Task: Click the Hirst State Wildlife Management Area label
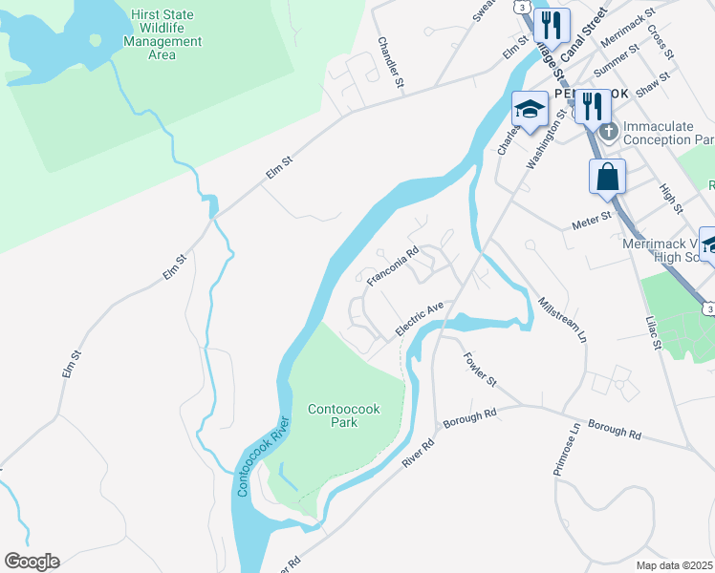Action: [x=162, y=34]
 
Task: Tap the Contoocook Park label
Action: [x=343, y=415]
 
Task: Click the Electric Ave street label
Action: [x=422, y=320]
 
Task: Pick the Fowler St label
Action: [x=480, y=369]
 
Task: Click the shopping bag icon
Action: [x=607, y=177]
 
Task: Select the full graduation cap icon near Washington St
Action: [x=530, y=111]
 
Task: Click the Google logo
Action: [x=32, y=562]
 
